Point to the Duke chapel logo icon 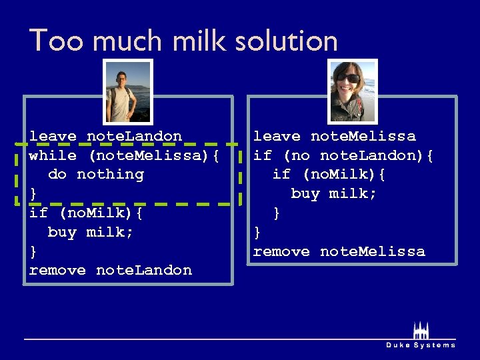click(x=420, y=330)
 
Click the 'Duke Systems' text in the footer click(x=421, y=345)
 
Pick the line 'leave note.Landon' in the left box click(x=105, y=136)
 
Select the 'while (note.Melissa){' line click(x=124, y=155)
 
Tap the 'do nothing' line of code click(x=95, y=175)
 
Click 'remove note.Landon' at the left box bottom click(x=111, y=271)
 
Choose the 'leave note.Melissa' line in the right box click(x=334, y=136)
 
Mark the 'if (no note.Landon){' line click(x=343, y=155)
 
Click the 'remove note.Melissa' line click(x=339, y=251)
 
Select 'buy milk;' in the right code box click(x=333, y=193)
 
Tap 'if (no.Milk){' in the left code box click(x=86, y=213)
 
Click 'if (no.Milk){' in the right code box click(x=329, y=175)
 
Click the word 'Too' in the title click(x=57, y=41)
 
